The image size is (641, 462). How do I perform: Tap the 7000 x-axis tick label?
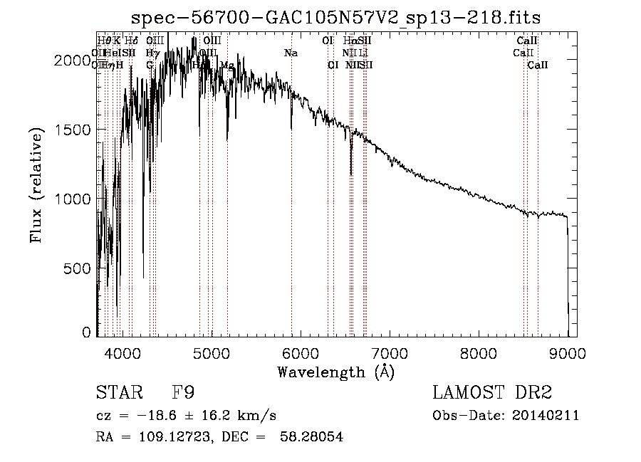point(390,353)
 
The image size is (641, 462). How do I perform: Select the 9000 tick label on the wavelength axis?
point(568,353)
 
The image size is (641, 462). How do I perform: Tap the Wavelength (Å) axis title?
point(335,372)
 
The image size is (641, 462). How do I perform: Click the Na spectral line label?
point(291,53)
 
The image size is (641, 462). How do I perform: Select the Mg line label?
point(227,65)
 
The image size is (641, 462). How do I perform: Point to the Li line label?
point(363,53)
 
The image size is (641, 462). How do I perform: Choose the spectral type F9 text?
point(183,393)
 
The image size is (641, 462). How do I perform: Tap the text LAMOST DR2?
point(492,393)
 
